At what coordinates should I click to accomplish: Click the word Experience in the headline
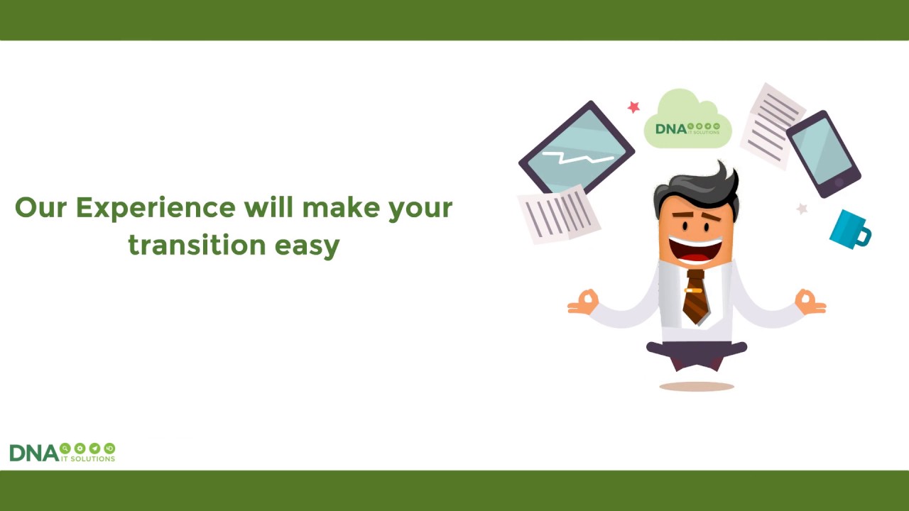(156, 208)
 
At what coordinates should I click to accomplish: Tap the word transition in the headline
(197, 245)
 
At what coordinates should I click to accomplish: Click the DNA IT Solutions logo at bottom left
(62, 452)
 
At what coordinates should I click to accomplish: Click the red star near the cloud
(633, 107)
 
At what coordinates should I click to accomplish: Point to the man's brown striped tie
(695, 299)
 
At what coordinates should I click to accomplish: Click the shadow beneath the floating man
(696, 387)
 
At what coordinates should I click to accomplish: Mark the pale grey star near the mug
(802, 209)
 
